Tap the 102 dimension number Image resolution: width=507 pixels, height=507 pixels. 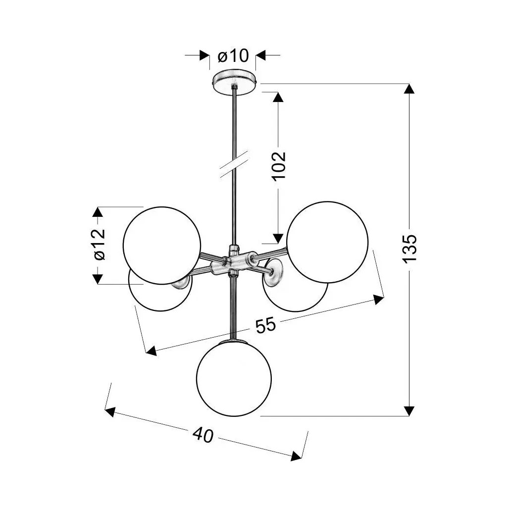pyautogui.click(x=279, y=165)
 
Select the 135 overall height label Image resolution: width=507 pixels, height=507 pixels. pyautogui.click(x=409, y=249)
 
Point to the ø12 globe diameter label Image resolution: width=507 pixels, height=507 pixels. pyautogui.click(x=99, y=245)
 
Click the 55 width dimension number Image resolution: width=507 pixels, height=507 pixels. pyautogui.click(x=266, y=325)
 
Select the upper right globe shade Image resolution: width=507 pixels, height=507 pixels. pyautogui.click(x=327, y=242)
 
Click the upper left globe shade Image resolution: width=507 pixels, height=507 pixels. pyautogui.click(x=162, y=246)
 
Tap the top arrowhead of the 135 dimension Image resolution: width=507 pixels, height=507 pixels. pyautogui.click(x=409, y=89)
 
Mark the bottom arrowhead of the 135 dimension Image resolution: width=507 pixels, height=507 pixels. pyautogui.click(x=409, y=410)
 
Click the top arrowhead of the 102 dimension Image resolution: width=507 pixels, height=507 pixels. pyautogui.click(x=278, y=97)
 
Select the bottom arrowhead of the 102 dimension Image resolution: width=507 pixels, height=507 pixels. pyautogui.click(x=278, y=238)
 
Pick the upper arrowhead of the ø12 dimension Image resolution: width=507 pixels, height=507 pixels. pyautogui.click(x=98, y=212)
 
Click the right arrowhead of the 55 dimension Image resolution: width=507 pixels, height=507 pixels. pyautogui.click(x=378, y=300)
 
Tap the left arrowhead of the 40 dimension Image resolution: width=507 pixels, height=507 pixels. pyautogui.click(x=110, y=411)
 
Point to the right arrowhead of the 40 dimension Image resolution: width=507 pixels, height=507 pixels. pyautogui.click(x=296, y=456)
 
